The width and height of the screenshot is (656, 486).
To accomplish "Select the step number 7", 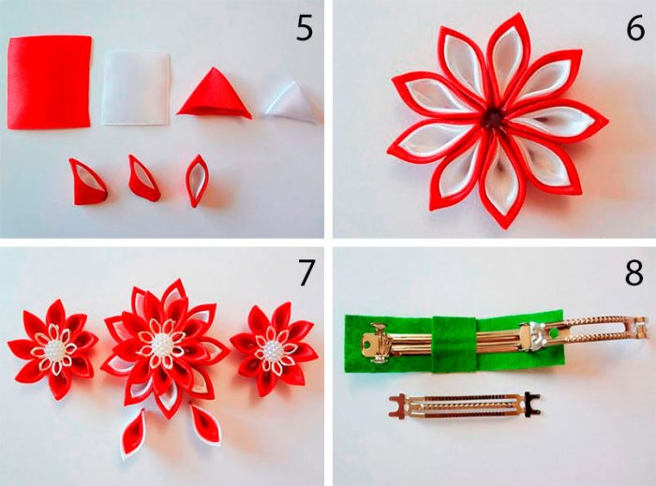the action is pyautogui.click(x=306, y=272).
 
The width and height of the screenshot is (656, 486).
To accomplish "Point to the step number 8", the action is pyautogui.click(x=634, y=272).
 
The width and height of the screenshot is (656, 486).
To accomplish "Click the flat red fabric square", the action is pyautogui.click(x=49, y=81).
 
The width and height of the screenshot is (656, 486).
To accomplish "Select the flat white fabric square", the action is pyautogui.click(x=137, y=88).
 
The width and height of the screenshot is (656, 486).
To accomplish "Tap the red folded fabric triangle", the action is pyautogui.click(x=214, y=93).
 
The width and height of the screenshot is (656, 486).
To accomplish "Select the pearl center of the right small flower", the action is pyautogui.click(x=272, y=350).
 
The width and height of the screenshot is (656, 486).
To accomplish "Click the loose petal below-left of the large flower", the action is pyautogui.click(x=133, y=434).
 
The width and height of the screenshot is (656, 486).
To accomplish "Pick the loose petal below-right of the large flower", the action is pyautogui.click(x=205, y=423).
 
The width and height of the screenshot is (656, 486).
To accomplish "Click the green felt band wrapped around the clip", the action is pyautogui.click(x=455, y=344).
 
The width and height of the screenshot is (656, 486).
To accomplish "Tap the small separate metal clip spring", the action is pyautogui.click(x=465, y=405).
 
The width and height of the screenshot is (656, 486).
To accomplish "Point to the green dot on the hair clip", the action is pyautogui.click(x=555, y=333).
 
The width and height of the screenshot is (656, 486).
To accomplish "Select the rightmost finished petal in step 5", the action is pyautogui.click(x=197, y=181).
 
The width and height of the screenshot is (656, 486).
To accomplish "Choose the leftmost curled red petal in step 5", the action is pyautogui.click(x=88, y=183).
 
